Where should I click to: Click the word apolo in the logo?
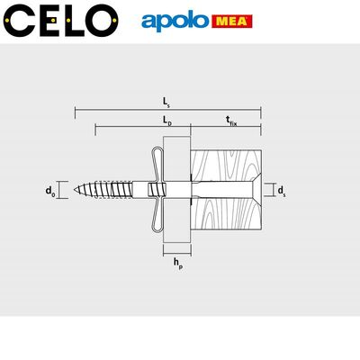coord(175,21)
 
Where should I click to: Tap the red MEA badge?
coord(231,21)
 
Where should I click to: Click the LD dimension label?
coord(167,120)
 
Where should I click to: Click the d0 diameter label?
coord(50,190)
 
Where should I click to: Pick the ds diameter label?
coord(282,190)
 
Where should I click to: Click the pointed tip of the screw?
coord(77,190)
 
